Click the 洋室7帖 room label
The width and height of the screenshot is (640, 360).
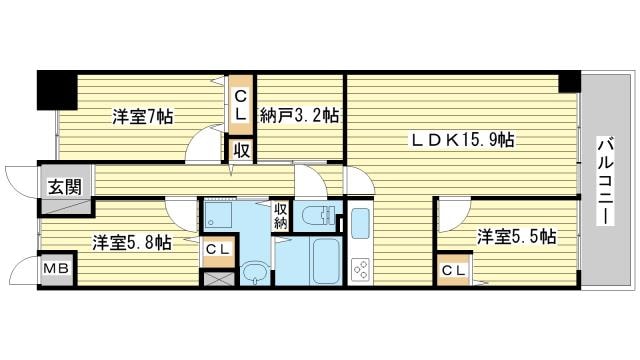(143, 118)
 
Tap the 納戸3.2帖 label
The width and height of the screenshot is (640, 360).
(300, 116)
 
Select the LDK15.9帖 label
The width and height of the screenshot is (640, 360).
(462, 140)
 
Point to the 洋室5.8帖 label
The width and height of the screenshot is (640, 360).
(131, 243)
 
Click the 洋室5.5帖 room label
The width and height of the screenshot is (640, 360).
(517, 237)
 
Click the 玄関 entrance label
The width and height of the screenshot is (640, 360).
(65, 187)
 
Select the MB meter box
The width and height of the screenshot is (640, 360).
(58, 269)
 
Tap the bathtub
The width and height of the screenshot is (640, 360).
(325, 261)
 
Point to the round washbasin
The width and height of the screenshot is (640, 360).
(254, 271)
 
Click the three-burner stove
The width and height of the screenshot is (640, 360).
(360, 270)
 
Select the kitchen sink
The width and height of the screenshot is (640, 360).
(360, 223)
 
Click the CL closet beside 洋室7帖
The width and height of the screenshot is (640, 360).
(241, 105)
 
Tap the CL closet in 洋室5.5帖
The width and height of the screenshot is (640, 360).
(454, 270)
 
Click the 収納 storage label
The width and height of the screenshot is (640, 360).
(281, 217)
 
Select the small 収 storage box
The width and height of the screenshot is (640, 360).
(242, 151)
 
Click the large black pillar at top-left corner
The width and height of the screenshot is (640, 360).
(57, 91)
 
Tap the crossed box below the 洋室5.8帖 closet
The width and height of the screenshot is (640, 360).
(219, 278)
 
